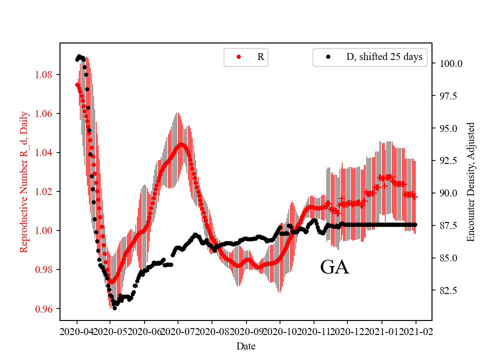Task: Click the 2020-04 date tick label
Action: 77,331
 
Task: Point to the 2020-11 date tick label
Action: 314,331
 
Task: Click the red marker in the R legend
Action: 238,57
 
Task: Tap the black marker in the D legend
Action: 328,57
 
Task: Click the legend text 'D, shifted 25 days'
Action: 384,57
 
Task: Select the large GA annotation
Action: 334,268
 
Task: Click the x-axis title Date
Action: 246,346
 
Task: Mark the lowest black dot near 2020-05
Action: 114,308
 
